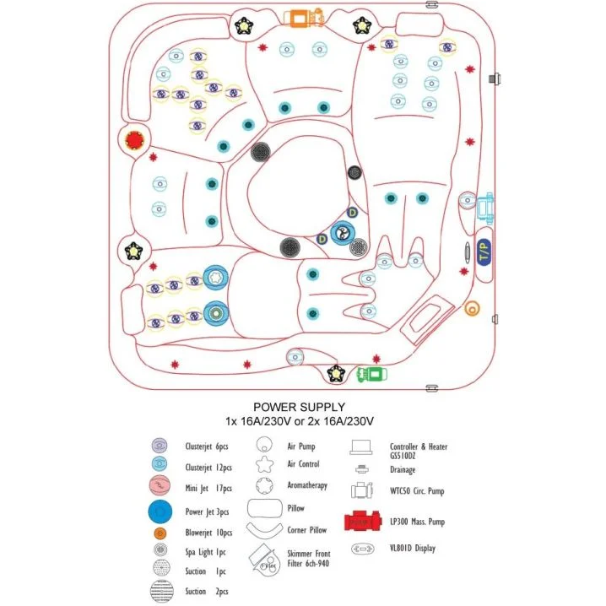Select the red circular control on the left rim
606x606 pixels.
(x=133, y=140)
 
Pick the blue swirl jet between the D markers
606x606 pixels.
(x=341, y=232)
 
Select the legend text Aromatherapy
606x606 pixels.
(x=307, y=486)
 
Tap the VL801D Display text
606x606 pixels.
(x=414, y=548)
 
